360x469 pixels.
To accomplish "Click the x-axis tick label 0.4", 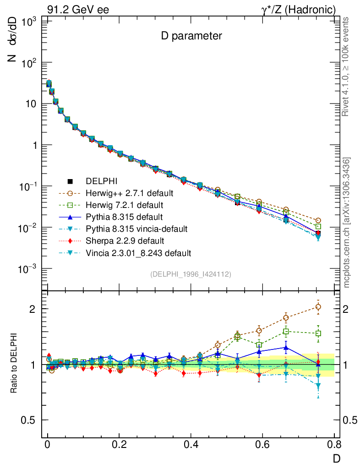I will click(191, 444).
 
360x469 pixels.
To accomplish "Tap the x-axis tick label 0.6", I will click(262, 444).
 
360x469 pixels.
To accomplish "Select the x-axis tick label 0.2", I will click(119, 444).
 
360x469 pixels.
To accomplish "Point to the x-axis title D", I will click(337, 458).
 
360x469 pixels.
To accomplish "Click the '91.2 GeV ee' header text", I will click(78, 10).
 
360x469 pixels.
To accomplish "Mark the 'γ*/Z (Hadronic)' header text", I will click(299, 10).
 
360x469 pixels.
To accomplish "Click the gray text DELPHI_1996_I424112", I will click(191, 274).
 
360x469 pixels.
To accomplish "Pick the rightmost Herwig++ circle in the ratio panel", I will click(318, 307).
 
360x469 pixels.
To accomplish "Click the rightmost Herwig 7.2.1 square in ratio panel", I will click(318, 333).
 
